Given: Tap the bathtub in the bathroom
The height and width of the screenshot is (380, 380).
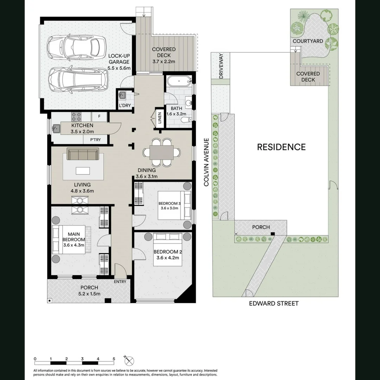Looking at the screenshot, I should (x=178, y=82).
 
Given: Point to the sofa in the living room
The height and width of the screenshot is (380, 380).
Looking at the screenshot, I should (x=83, y=154).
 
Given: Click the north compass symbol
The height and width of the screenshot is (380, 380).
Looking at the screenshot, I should (x=129, y=361).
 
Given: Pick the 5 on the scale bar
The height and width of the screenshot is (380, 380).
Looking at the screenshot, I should (x=114, y=359).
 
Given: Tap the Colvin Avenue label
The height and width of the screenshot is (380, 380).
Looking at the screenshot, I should (x=207, y=162).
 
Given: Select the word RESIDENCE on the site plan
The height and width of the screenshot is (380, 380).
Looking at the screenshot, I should (x=281, y=147).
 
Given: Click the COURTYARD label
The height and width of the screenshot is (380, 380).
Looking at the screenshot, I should (x=308, y=41).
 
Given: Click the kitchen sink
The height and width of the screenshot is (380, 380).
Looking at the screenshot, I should (x=56, y=129).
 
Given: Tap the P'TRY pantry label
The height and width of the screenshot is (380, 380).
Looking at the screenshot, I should (x=95, y=140).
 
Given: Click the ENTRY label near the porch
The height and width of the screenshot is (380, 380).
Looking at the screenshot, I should (x=120, y=281).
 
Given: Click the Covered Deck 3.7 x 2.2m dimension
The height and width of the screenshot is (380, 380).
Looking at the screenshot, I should (x=164, y=62).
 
